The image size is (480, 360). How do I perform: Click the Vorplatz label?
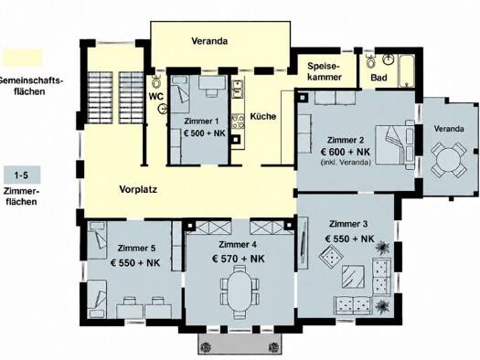pyautogui.click(x=138, y=189)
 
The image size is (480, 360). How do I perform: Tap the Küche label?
pyautogui.click(x=263, y=116)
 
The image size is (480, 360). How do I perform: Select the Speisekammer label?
pyautogui.click(x=325, y=71)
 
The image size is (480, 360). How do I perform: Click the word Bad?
pyautogui.click(x=379, y=78)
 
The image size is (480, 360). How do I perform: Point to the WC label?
pyautogui.click(x=156, y=96)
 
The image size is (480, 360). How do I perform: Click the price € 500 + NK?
pyautogui.click(x=204, y=133)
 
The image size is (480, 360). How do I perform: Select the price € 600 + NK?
pyautogui.click(x=346, y=152)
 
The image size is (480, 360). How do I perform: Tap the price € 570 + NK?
pyautogui.click(x=238, y=259)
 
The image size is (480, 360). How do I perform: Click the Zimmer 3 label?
pyautogui.click(x=348, y=224)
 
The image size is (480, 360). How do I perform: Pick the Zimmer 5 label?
pyautogui.click(x=136, y=248)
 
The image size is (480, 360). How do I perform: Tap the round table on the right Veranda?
pyautogui.click(x=448, y=160)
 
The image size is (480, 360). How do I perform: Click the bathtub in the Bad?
pyautogui.click(x=406, y=71)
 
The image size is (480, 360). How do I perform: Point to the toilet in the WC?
pyautogui.click(x=156, y=81)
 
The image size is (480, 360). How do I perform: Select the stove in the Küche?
pyautogui.click(x=238, y=122)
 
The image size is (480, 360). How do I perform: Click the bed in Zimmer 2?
pyautogui.click(x=395, y=145)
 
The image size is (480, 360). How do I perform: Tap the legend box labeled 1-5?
pyautogui.click(x=21, y=175)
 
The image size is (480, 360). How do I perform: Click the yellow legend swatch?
pyautogui.click(x=22, y=58)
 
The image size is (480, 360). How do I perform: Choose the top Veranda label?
pyautogui.click(x=209, y=41)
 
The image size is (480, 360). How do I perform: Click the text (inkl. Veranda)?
pyautogui.click(x=346, y=162)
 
